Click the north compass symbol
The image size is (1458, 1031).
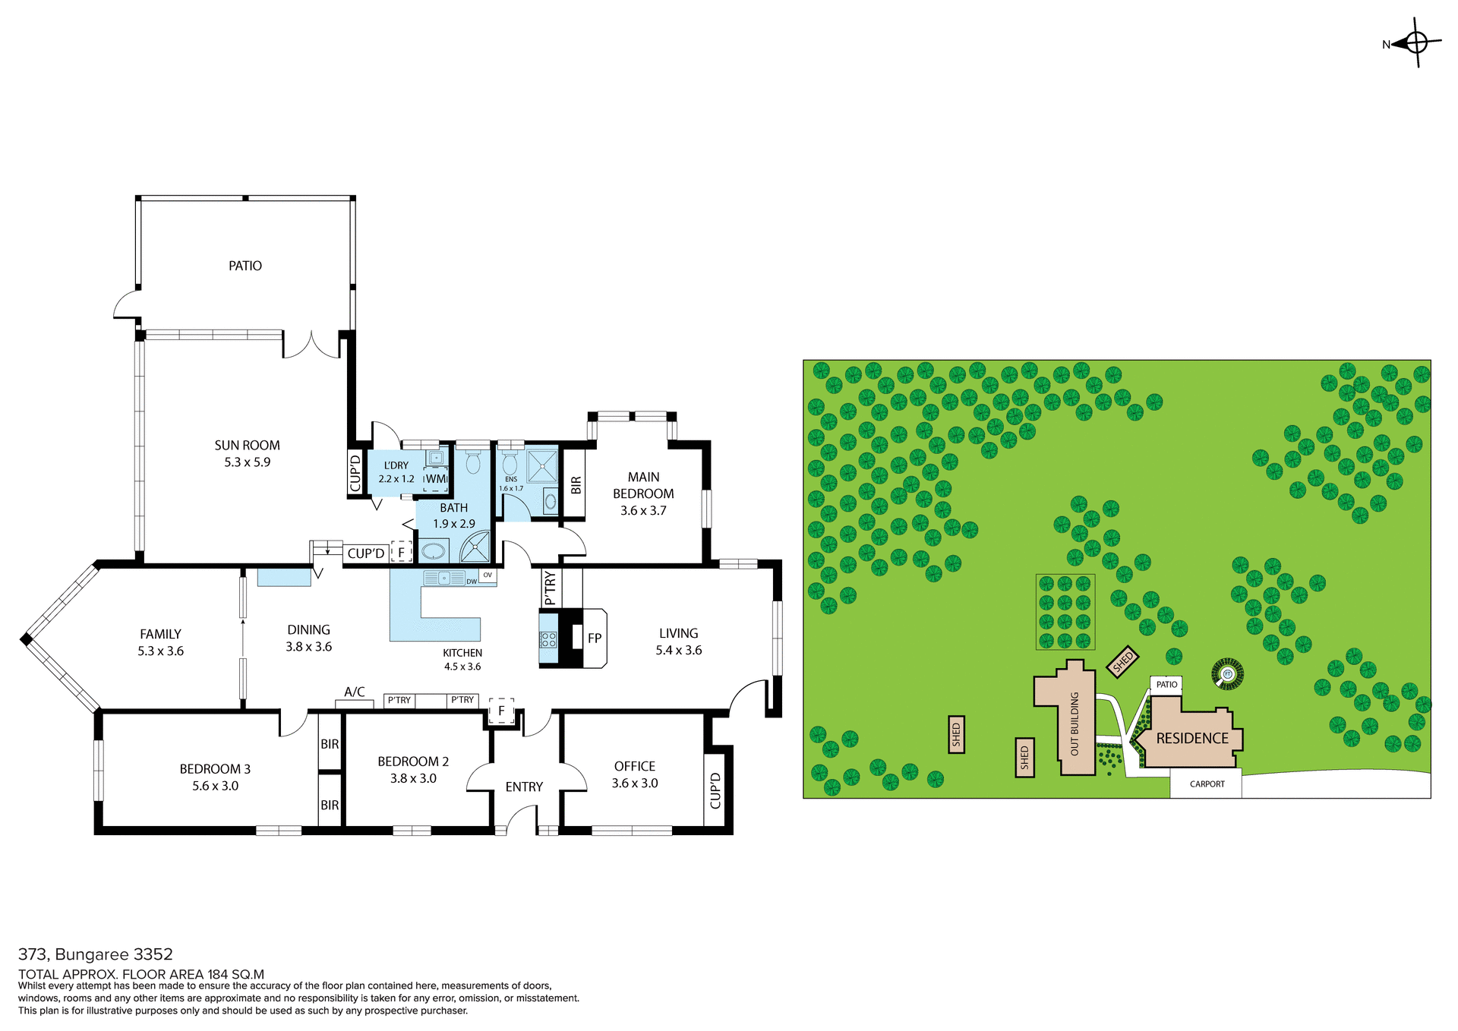click(x=1416, y=43)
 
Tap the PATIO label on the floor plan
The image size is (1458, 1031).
click(x=245, y=266)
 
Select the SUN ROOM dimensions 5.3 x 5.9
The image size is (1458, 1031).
click(x=247, y=462)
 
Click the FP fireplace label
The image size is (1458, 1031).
click(x=595, y=638)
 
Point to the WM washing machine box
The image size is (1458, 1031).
click(x=436, y=479)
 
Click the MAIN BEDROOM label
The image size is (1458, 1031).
click(x=643, y=485)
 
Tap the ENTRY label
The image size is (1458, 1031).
click(x=524, y=787)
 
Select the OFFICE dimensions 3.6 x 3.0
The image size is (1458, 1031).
click(x=635, y=783)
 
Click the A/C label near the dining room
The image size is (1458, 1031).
click(x=355, y=692)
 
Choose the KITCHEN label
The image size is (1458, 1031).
click(x=462, y=653)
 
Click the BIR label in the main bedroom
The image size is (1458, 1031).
click(x=576, y=484)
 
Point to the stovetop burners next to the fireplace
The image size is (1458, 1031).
click(x=548, y=639)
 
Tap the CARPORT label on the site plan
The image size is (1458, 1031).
click(x=1207, y=784)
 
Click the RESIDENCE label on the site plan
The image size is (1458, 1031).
click(x=1192, y=738)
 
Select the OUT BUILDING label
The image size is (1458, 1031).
click(x=1075, y=724)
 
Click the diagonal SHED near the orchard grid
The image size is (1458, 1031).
click(x=1122, y=661)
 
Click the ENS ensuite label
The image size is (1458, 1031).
click(x=511, y=479)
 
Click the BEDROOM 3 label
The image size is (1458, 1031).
click(x=215, y=769)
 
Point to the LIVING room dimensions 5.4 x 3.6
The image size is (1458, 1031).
click(x=679, y=651)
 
